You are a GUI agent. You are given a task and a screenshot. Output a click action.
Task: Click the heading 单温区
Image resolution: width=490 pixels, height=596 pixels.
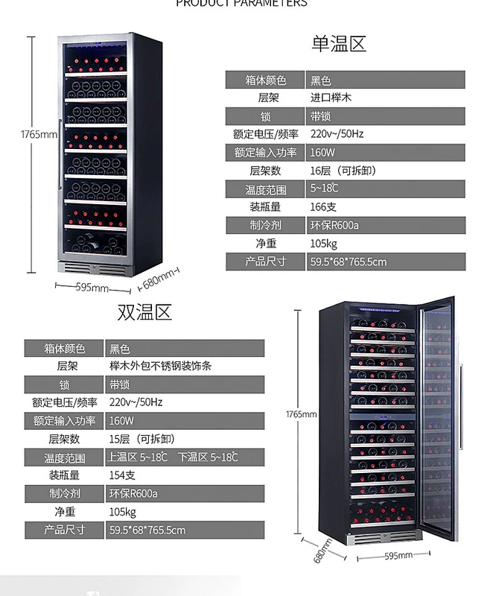339,44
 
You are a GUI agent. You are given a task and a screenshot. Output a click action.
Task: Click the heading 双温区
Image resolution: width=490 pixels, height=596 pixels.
144,312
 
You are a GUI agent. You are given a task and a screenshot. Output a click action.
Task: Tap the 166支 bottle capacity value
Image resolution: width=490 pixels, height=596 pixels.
323,207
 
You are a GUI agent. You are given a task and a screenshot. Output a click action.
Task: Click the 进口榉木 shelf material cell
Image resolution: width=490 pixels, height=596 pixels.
331,98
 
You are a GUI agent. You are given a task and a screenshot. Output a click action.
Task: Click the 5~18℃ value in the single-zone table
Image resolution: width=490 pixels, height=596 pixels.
325,189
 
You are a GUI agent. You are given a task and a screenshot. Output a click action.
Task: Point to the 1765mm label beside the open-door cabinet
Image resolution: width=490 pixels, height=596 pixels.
302,414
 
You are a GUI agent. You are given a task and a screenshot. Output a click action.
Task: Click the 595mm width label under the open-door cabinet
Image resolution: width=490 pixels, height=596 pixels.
398,555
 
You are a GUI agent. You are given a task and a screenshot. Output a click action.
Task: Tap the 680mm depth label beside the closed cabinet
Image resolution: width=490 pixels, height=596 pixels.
159,279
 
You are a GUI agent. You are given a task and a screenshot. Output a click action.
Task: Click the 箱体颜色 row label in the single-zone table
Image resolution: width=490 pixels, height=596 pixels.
265,80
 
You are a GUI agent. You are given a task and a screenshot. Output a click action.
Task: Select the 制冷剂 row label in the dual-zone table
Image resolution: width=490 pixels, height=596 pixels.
65,493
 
